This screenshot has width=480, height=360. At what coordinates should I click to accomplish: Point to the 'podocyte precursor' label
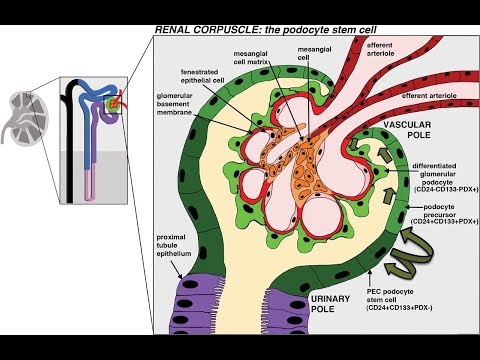point(440,212)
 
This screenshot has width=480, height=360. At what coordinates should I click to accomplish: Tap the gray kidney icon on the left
point(23,116)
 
